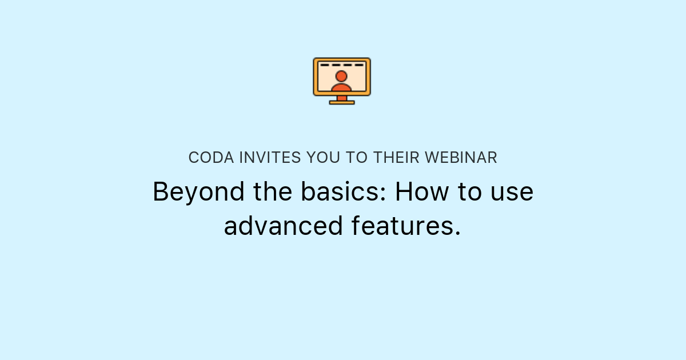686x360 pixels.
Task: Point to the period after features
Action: (x=457, y=233)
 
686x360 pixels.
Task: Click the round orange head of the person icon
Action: (x=341, y=76)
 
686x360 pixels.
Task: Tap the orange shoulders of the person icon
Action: (x=341, y=88)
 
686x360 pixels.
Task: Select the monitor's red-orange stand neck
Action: (x=342, y=98)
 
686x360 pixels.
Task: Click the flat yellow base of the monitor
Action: (x=342, y=102)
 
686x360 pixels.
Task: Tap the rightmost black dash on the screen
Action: (x=360, y=65)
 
